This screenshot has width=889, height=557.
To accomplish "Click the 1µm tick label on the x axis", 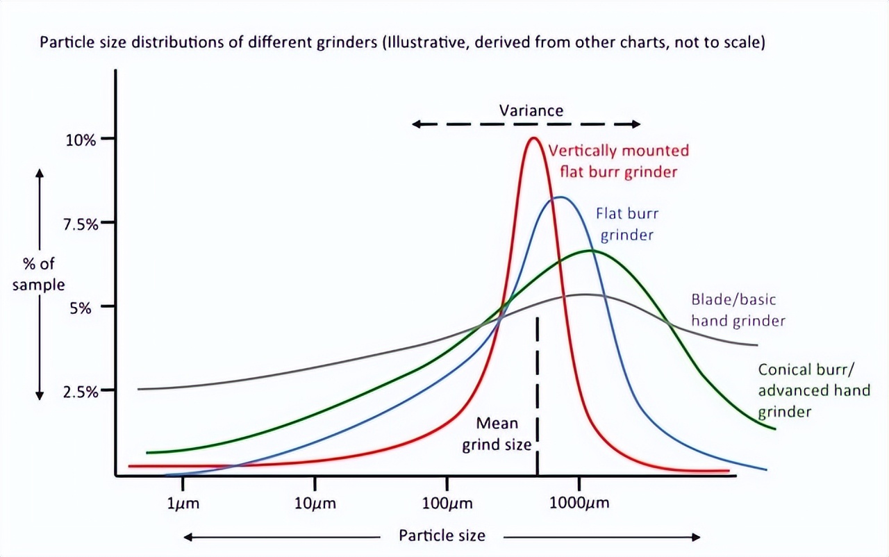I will (x=183, y=504).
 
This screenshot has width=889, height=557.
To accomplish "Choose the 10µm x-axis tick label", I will (x=315, y=504).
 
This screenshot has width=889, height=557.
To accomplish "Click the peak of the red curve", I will (x=533, y=138).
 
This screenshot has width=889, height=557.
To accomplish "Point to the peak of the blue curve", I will (x=560, y=197).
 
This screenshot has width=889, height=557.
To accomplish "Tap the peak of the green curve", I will (x=590, y=250).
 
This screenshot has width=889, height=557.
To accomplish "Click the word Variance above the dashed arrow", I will (x=531, y=110).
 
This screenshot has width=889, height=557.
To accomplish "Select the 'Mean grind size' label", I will (x=497, y=433).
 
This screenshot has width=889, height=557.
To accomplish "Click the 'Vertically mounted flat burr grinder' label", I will (x=618, y=161).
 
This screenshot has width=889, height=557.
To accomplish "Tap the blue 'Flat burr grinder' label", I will (x=626, y=224).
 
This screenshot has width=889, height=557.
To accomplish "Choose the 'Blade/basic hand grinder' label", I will (x=738, y=310).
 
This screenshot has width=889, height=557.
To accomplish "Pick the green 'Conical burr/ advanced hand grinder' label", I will (x=813, y=390).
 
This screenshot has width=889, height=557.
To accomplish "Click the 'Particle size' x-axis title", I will (x=442, y=535).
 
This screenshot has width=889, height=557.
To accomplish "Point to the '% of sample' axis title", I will (x=38, y=274).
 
